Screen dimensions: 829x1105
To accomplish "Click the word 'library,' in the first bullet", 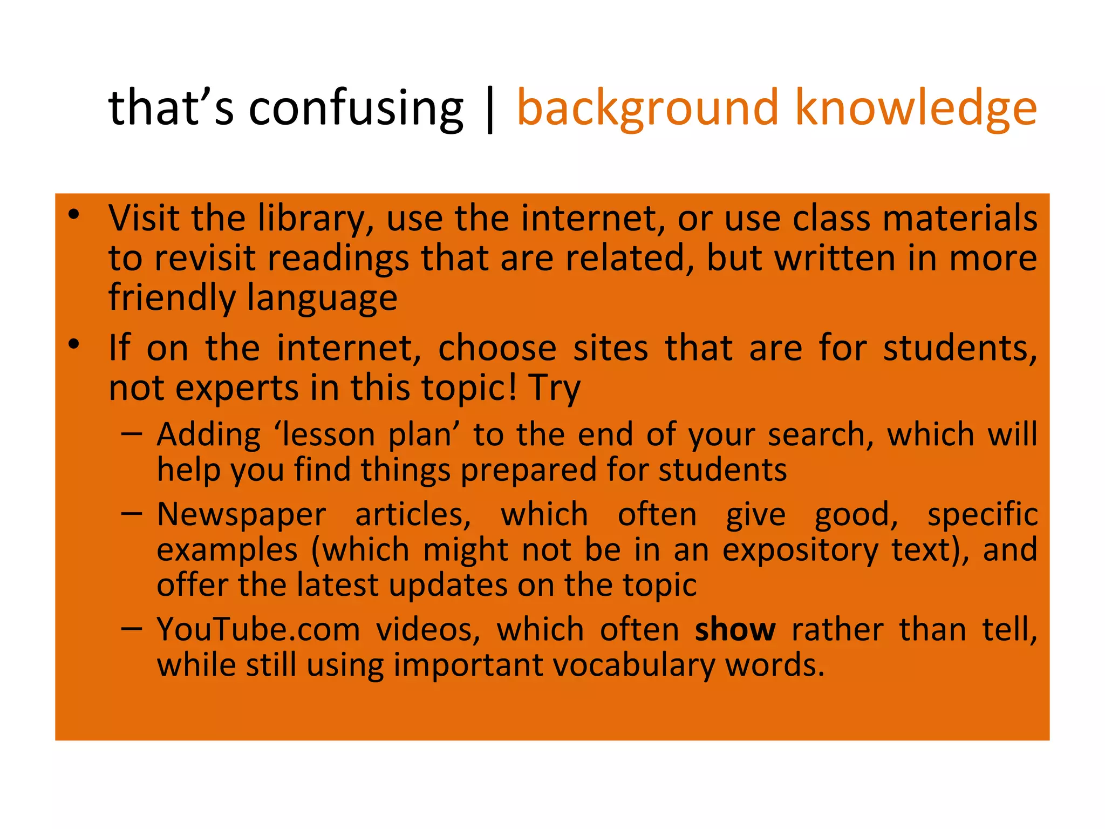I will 316,219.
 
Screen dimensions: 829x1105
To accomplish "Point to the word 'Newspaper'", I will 241,515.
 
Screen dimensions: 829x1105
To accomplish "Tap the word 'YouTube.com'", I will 258,630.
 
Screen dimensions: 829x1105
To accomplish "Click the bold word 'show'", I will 735,630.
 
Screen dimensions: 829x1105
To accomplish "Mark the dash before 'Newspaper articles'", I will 132,513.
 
